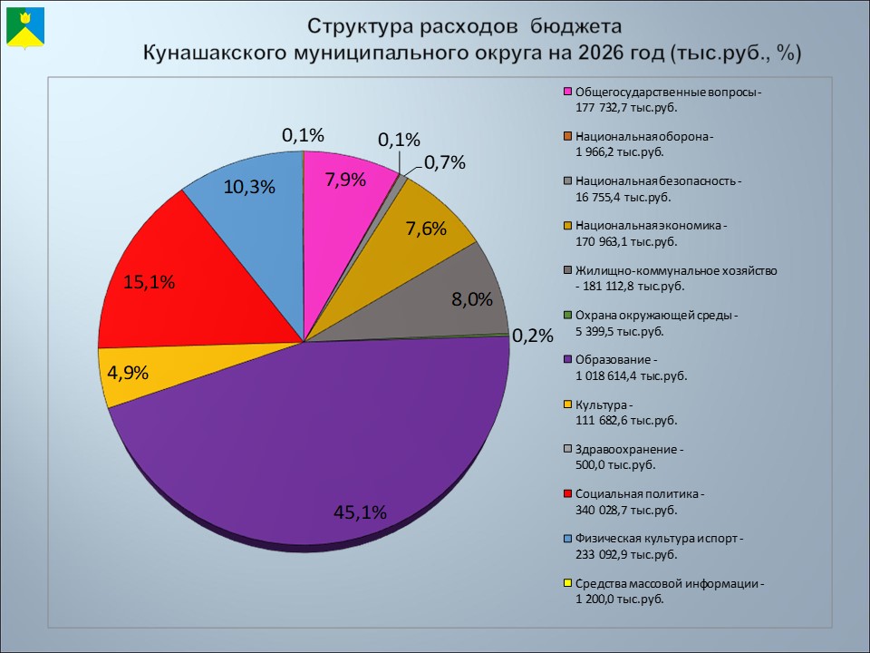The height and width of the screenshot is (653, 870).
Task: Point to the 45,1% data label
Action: (360, 512)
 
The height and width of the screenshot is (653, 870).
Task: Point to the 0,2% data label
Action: (532, 336)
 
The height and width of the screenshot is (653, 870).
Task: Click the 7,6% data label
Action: (426, 229)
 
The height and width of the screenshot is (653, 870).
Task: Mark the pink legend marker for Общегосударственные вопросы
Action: (568, 92)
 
